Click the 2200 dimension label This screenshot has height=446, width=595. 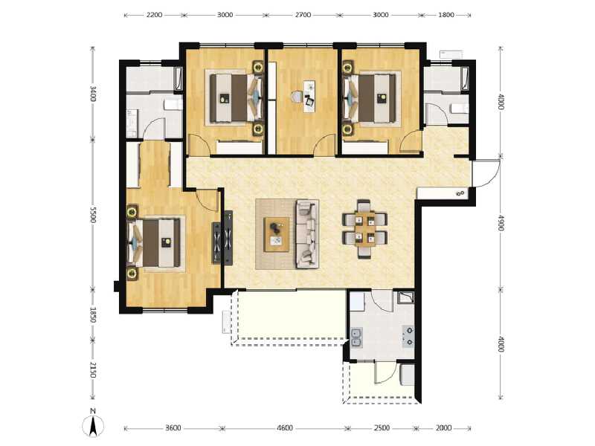[x=154, y=15]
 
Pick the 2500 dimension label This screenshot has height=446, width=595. [x=380, y=428]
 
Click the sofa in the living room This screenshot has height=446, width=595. [x=306, y=233]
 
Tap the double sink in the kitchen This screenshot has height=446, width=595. [x=358, y=340]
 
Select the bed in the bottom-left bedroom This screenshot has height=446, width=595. [x=156, y=242]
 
